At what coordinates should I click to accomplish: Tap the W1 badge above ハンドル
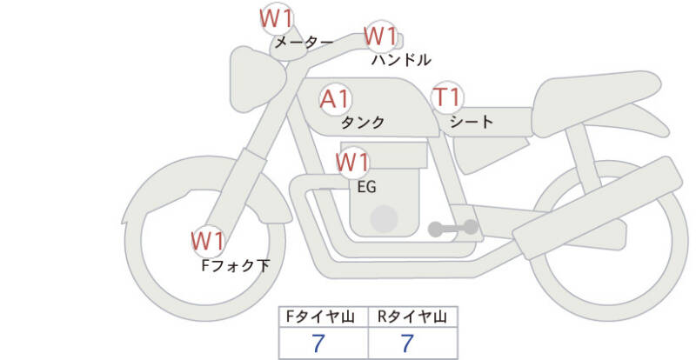tap(380, 37)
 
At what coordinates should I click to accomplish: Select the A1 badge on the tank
tap(336, 99)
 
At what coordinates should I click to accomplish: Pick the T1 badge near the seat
tap(448, 97)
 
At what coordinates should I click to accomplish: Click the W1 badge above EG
tap(352, 162)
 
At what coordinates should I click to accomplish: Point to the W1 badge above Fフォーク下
tap(208, 239)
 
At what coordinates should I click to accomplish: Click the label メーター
tap(304, 42)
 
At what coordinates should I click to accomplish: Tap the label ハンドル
tap(400, 60)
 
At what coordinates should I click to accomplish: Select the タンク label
tap(363, 123)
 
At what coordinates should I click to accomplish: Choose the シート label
tap(472, 122)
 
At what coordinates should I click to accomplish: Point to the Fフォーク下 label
tap(235, 265)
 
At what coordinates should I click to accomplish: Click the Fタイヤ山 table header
tap(321, 317)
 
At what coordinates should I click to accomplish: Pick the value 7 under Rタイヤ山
tap(407, 343)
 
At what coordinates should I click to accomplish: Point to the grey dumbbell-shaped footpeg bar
tap(453, 229)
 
